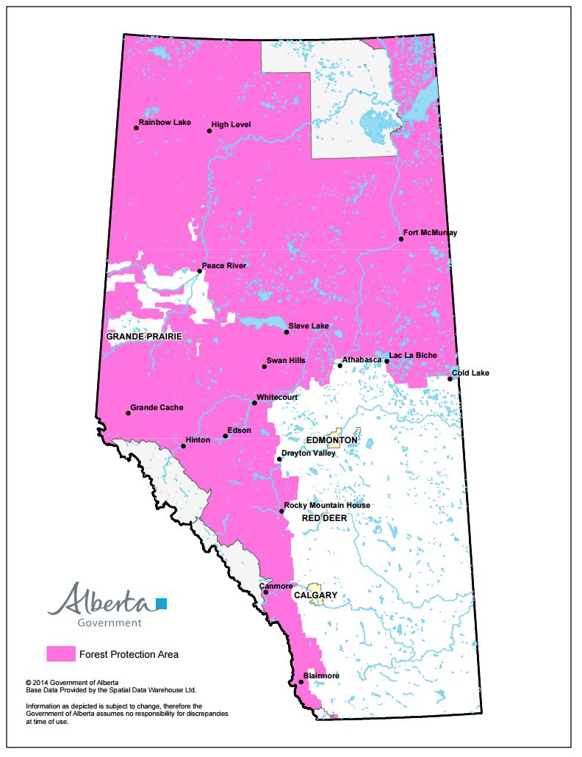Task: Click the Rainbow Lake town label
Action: pyautogui.click(x=165, y=123)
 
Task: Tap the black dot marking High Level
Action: pyautogui.click(x=209, y=131)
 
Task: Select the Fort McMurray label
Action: pyautogui.click(x=430, y=233)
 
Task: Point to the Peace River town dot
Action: pyautogui.click(x=199, y=271)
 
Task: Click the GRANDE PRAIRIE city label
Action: pyautogui.click(x=144, y=337)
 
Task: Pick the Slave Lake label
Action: pyautogui.click(x=309, y=326)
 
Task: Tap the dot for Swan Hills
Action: pyautogui.click(x=265, y=366)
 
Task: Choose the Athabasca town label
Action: pyautogui.click(x=362, y=359)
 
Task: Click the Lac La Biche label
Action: pyautogui.click(x=413, y=356)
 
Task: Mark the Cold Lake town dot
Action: pyautogui.click(x=450, y=378)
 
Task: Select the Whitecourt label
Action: pyautogui.click(x=276, y=397)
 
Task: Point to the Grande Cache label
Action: pyautogui.click(x=157, y=407)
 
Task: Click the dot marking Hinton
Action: pyautogui.click(x=183, y=446)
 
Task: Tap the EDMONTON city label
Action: pyautogui.click(x=331, y=440)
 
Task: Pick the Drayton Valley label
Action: pyautogui.click(x=309, y=453)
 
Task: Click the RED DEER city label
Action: pyautogui.click(x=324, y=518)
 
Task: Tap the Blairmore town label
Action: pyautogui.click(x=321, y=675)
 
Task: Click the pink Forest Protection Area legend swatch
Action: pyautogui.click(x=61, y=653)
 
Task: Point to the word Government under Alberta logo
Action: pyautogui.click(x=109, y=623)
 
